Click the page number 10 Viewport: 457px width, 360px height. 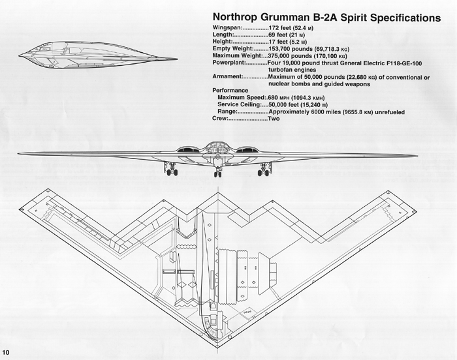point(7,353)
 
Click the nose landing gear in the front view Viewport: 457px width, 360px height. point(217,171)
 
